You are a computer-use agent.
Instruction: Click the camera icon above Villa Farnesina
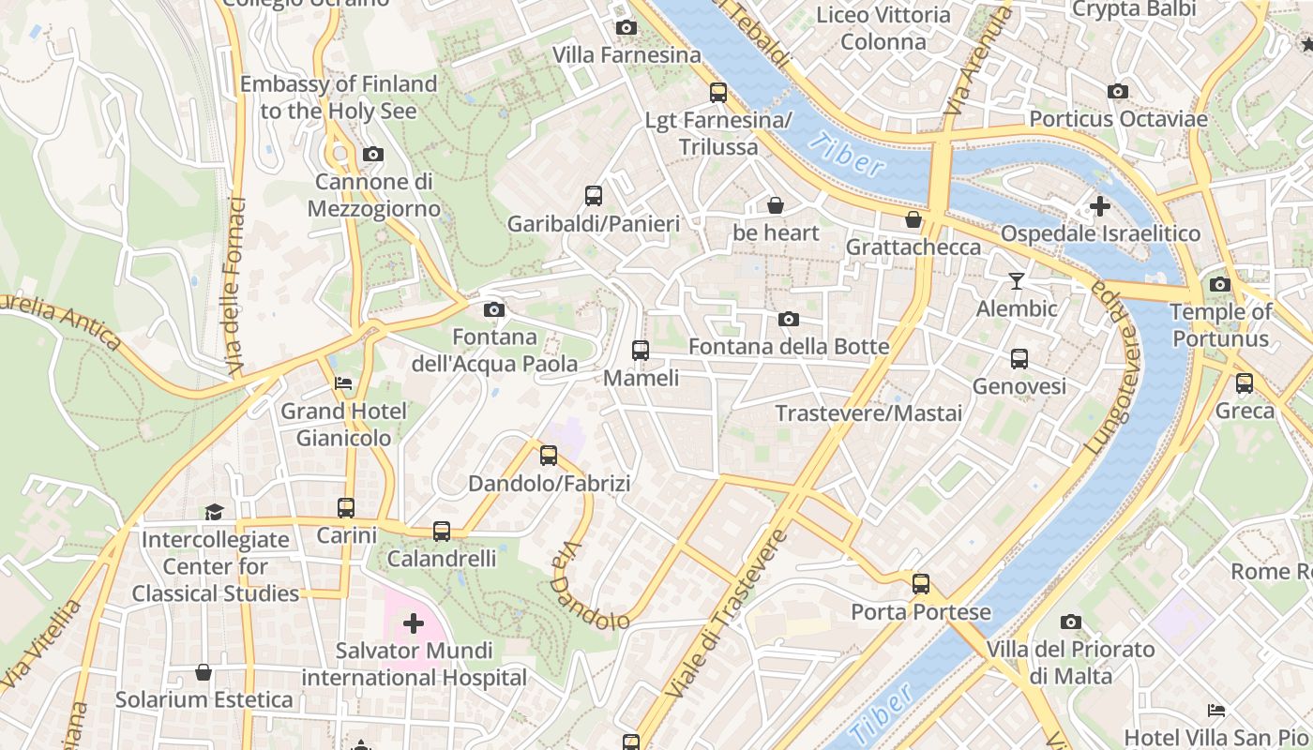click(x=626, y=28)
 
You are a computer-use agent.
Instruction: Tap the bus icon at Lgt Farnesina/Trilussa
click(x=718, y=93)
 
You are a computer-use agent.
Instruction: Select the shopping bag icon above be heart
click(x=776, y=205)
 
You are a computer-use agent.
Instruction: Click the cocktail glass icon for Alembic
click(x=1016, y=281)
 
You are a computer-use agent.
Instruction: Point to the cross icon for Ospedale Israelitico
click(x=1100, y=206)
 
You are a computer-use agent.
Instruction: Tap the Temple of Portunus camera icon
click(x=1220, y=285)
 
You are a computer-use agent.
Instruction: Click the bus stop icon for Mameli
click(x=641, y=351)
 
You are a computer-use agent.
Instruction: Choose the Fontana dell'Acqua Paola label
click(x=494, y=350)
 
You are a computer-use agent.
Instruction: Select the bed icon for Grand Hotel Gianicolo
click(x=344, y=383)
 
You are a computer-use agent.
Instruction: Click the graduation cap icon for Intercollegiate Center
click(x=215, y=512)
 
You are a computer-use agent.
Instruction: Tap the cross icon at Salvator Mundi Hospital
click(x=414, y=623)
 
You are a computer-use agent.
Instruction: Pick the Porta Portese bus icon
click(x=921, y=584)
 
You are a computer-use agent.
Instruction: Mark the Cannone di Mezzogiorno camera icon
click(x=372, y=155)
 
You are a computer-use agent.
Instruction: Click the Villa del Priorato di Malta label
click(x=1070, y=662)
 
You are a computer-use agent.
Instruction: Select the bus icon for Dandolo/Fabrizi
click(x=549, y=457)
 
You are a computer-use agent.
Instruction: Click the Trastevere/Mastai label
click(x=868, y=413)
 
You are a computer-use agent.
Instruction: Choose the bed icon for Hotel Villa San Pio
click(x=1216, y=711)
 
